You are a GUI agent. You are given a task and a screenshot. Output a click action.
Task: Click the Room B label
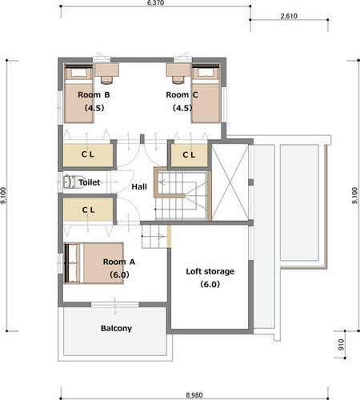point(94,94)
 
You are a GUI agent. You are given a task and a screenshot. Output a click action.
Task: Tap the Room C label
point(182,94)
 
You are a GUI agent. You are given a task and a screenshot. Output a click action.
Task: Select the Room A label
point(119,262)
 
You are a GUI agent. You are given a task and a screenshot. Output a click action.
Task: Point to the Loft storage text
point(210,271)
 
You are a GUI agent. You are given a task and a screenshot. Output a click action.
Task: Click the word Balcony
point(116,328)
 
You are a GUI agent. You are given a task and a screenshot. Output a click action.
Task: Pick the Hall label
point(139,186)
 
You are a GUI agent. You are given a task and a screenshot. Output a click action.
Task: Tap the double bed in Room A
point(94,263)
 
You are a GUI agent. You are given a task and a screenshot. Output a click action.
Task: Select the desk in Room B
point(107,70)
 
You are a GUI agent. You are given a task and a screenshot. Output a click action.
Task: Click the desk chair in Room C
point(178,80)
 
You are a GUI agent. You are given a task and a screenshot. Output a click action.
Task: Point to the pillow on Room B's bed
point(78,73)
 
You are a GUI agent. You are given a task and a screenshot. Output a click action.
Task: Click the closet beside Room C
point(189,155)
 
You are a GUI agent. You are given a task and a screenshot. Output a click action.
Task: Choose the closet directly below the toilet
point(88,210)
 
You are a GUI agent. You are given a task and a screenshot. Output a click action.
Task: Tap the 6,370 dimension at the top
point(155,3)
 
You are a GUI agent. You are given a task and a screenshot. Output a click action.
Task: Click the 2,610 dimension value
point(289,16)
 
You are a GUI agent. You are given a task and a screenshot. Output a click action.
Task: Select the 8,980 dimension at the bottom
point(194,395)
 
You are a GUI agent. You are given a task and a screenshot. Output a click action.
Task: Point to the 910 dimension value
point(341,345)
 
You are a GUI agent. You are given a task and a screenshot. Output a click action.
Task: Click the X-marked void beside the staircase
point(230,182)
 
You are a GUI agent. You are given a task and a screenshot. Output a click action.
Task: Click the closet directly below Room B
point(88,155)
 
